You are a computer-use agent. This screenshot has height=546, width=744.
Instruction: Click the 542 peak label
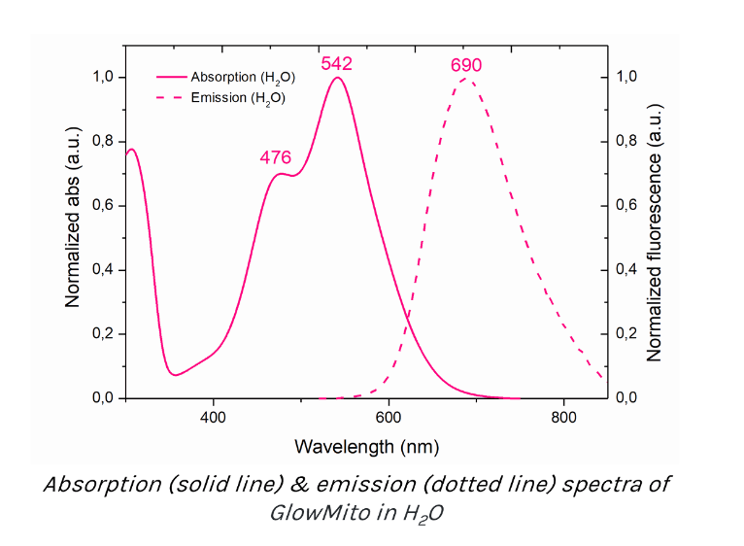tap(336, 64)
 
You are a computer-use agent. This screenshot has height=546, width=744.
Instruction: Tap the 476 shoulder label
tap(276, 158)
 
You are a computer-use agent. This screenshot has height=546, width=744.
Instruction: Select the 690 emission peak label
tap(466, 65)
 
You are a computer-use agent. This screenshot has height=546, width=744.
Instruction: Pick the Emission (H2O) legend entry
tap(238, 97)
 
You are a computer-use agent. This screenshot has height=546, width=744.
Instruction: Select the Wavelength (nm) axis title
tap(366, 446)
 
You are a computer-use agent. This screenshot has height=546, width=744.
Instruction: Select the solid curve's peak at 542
tap(337, 78)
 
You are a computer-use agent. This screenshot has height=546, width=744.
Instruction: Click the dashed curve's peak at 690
tap(468, 78)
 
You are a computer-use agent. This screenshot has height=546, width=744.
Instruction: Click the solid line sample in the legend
tap(171, 77)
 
